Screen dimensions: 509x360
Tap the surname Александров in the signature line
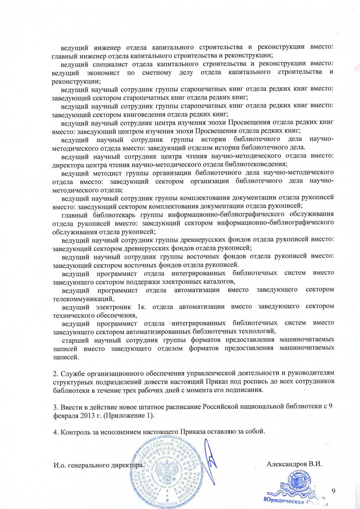click(x=287, y=464)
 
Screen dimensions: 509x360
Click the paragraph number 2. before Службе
click(x=56, y=374)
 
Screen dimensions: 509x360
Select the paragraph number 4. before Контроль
click(x=56, y=432)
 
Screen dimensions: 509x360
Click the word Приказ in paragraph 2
click(x=217, y=382)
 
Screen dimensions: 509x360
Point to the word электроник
click(x=113, y=307)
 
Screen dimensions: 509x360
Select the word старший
click(x=75, y=340)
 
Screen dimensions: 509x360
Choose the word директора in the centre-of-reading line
click(x=67, y=165)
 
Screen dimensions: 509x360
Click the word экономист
click(x=103, y=73)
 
